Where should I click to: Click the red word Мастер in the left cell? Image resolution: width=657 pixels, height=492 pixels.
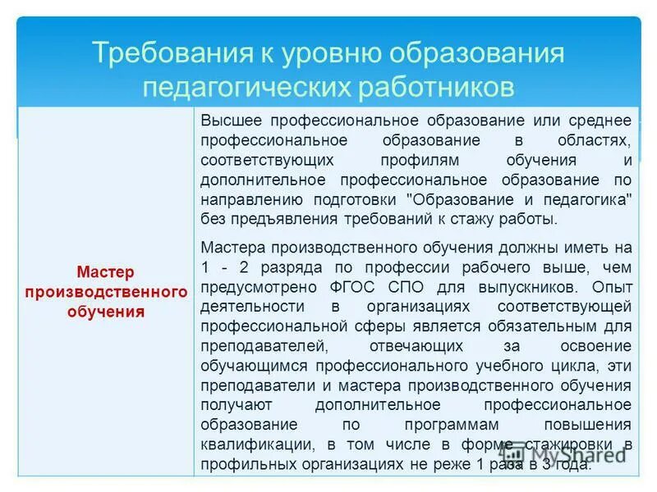point(105,271)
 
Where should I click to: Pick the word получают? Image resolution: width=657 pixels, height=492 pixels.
point(233,404)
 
